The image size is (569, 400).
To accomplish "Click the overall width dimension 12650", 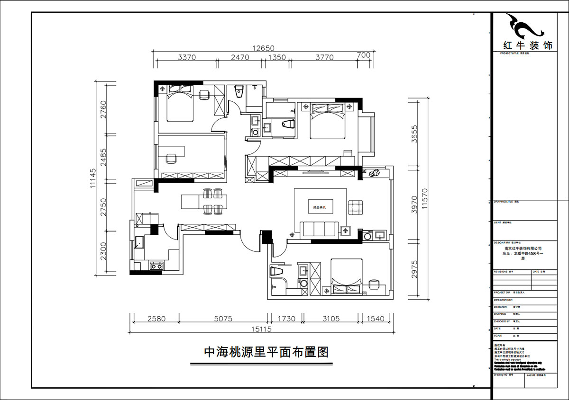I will [264, 48].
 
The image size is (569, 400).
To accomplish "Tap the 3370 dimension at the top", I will [186, 57].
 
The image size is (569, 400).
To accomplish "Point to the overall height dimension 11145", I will [92, 178].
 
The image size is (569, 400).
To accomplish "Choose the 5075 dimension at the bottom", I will [223, 319].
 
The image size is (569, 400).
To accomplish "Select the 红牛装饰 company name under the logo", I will [527, 46].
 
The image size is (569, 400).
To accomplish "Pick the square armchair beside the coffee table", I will [356, 207].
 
